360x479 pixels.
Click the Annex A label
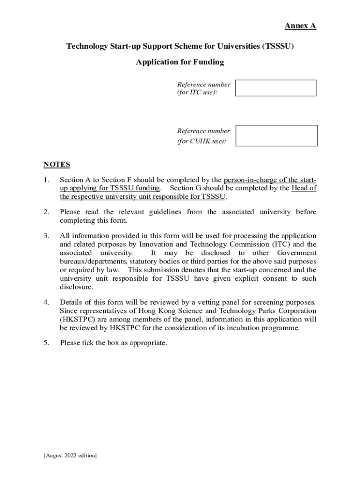point(301,26)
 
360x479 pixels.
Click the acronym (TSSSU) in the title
point(278,46)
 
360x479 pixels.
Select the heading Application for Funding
point(180,62)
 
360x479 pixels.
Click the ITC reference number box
point(275,88)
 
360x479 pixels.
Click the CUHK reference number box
point(276,136)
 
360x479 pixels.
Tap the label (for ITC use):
point(197,93)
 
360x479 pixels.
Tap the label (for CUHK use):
point(202,141)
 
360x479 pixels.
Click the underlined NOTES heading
point(57,164)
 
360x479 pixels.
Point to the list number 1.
point(46,180)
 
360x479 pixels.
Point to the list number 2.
point(46,212)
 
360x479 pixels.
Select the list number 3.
point(46,236)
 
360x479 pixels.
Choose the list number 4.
point(46,302)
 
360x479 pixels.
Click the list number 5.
point(46,343)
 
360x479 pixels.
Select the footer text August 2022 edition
point(70,456)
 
